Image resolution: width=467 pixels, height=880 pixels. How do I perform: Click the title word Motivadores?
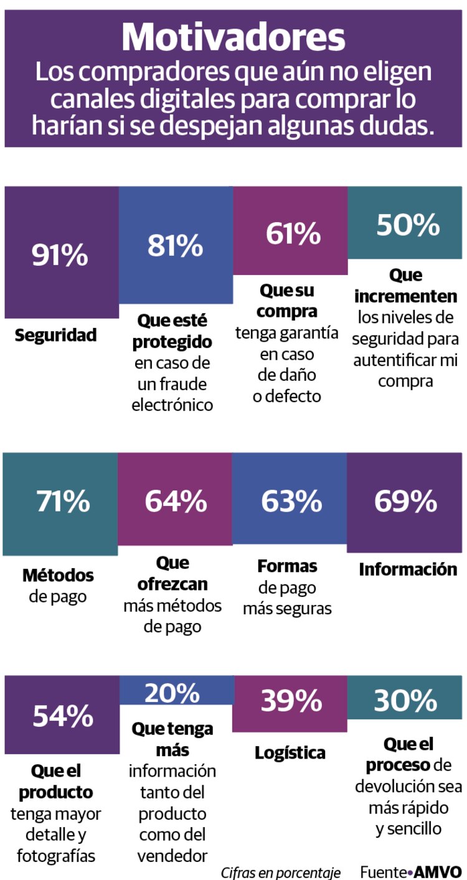(x=233, y=37)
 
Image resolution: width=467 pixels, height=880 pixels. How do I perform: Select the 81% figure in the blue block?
(x=175, y=245)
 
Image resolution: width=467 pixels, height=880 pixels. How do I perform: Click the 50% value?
(x=408, y=225)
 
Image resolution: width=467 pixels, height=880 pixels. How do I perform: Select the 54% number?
(x=63, y=716)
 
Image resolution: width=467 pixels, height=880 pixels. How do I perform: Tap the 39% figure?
(x=291, y=701)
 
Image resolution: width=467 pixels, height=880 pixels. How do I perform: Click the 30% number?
(x=405, y=701)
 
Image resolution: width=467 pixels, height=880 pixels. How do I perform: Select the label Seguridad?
(x=56, y=335)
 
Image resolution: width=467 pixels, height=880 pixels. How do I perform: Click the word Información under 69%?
(x=408, y=569)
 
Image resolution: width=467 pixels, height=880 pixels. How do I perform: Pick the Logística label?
(x=290, y=752)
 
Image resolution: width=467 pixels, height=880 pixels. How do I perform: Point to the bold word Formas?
(x=287, y=567)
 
